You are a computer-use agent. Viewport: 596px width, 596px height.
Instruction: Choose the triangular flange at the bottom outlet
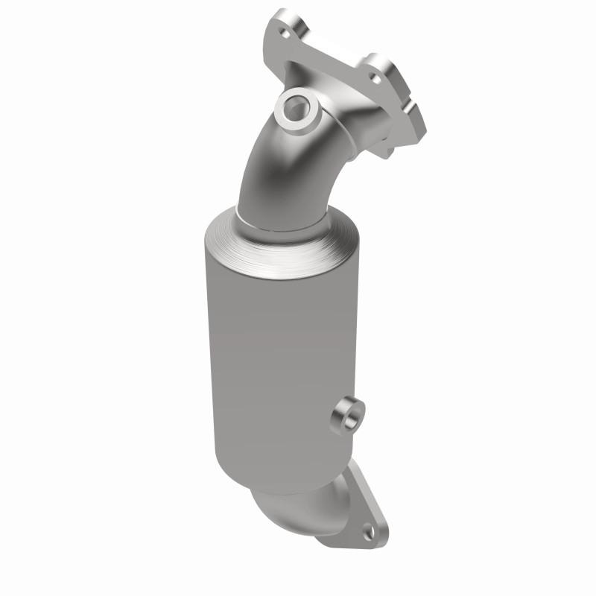coord(358,514)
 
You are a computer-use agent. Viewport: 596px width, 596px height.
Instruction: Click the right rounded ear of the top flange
coord(387,71)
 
